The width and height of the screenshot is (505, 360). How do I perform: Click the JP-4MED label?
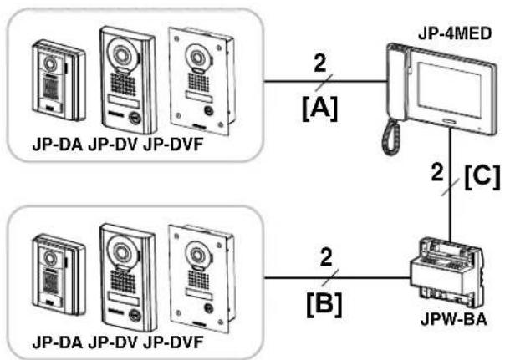pyautogui.click(x=455, y=33)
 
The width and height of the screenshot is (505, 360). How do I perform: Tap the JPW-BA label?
pyautogui.click(x=453, y=319)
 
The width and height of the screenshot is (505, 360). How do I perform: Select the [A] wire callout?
pyautogui.click(x=320, y=109)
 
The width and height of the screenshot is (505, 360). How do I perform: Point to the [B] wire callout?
pyautogui.click(x=324, y=304)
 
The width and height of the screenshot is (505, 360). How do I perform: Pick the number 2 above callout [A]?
pyautogui.click(x=320, y=63)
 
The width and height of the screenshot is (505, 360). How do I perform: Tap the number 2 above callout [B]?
pyautogui.click(x=326, y=257)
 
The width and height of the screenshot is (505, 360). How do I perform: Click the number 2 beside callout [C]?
pyautogui.click(x=437, y=172)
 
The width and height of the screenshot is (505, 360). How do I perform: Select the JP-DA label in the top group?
pyautogui.click(x=58, y=145)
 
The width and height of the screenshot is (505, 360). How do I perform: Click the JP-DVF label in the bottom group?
pyautogui.click(x=173, y=342)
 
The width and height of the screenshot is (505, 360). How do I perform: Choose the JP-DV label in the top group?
pyautogui.click(x=113, y=145)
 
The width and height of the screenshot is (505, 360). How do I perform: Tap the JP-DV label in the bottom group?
pyautogui.click(x=113, y=342)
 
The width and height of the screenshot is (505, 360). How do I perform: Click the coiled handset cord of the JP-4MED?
pyautogui.click(x=391, y=137)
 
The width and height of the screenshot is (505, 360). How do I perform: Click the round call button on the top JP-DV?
pyautogui.click(x=135, y=118)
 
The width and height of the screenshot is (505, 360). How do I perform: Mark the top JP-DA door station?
pyautogui.click(x=59, y=80)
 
